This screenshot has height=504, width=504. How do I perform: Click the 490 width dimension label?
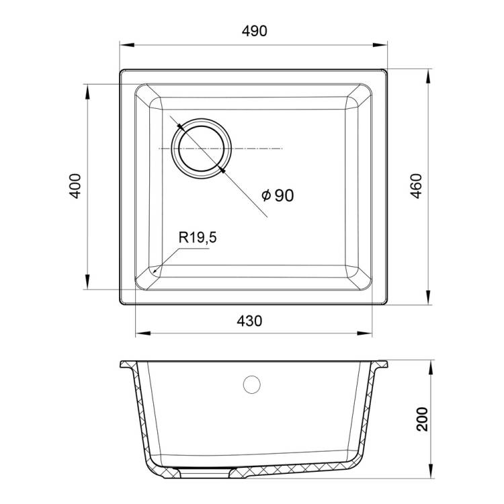click(x=254, y=31)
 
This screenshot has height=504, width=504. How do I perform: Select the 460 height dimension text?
click(x=417, y=186)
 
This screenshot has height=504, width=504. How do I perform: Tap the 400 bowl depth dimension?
click(x=75, y=186)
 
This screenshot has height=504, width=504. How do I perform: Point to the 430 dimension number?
click(x=249, y=321)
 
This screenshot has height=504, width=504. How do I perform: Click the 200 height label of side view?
click(x=422, y=419)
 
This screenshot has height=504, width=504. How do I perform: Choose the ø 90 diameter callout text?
click(x=278, y=195)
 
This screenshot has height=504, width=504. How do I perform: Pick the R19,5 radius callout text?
click(x=198, y=237)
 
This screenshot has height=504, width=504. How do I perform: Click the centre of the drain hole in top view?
click(x=201, y=149)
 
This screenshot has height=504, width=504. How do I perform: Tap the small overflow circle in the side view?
click(x=252, y=384)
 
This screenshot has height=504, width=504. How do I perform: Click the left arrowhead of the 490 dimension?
click(x=126, y=44)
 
